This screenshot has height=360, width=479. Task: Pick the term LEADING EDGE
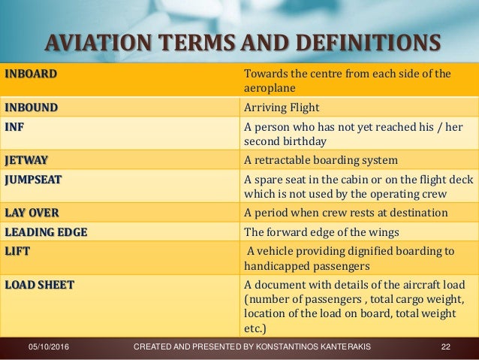point(45,231)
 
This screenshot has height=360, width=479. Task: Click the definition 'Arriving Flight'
point(282,107)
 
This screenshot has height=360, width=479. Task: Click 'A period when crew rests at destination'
point(346,213)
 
